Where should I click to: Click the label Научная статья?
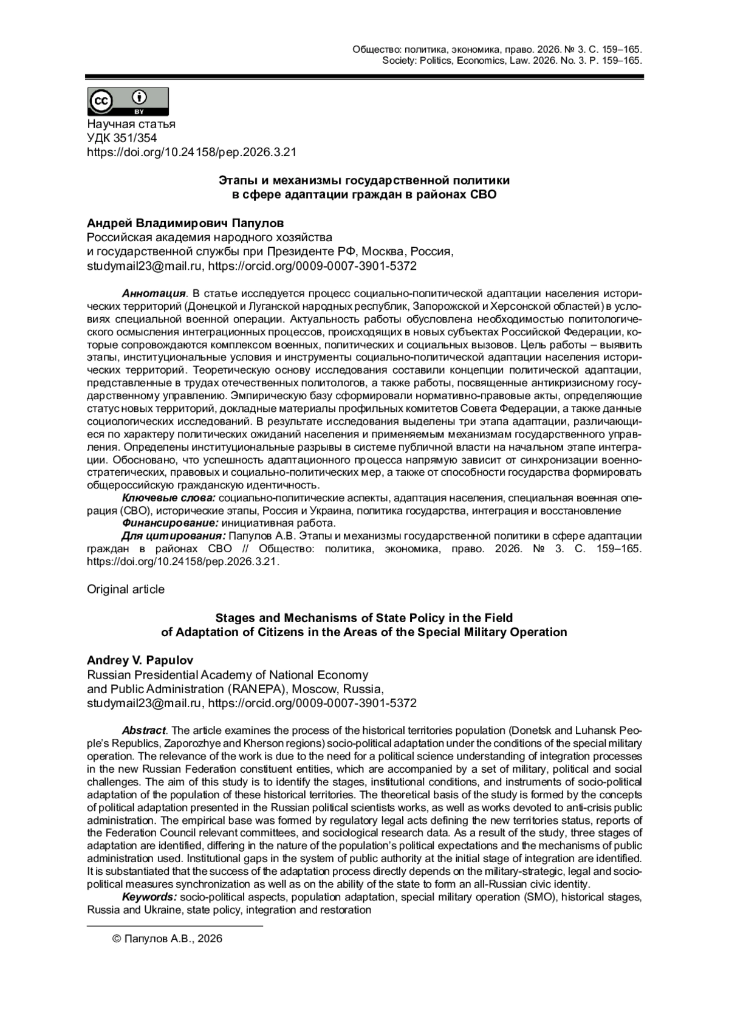[x=131, y=124]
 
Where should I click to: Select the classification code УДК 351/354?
[x=122, y=138]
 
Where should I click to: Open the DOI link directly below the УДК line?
[x=191, y=152]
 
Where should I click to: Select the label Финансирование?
[x=170, y=523]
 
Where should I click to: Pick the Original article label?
[x=126, y=589]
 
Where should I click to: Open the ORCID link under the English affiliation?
[x=312, y=703]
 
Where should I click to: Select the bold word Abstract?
[x=143, y=730]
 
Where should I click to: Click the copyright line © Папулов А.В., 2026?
[x=168, y=939]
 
